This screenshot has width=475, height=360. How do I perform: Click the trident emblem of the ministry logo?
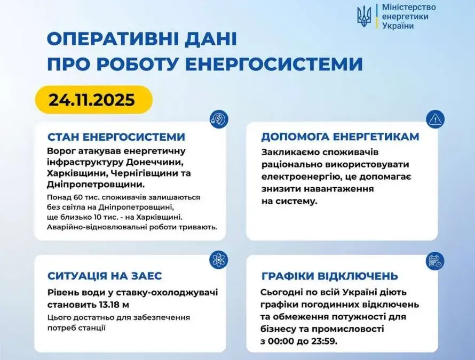point(364,17)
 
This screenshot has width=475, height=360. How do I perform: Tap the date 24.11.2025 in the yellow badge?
point(92,100)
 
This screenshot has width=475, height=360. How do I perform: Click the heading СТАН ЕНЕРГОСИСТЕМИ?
point(116,137)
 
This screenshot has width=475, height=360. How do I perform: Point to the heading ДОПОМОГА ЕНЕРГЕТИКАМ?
point(340,137)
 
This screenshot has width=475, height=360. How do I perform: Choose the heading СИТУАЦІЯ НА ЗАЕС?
point(105,276)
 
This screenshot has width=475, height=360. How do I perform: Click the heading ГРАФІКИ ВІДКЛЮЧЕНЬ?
point(330,276)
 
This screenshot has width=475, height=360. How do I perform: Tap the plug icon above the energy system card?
point(219,119)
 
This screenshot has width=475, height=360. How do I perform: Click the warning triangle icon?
point(436,119)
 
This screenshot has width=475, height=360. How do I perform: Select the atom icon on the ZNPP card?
point(218,260)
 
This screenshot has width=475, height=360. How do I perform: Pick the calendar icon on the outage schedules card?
point(435,261)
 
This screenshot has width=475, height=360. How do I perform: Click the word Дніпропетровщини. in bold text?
point(96,185)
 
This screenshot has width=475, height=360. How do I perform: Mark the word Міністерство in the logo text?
point(409,7)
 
